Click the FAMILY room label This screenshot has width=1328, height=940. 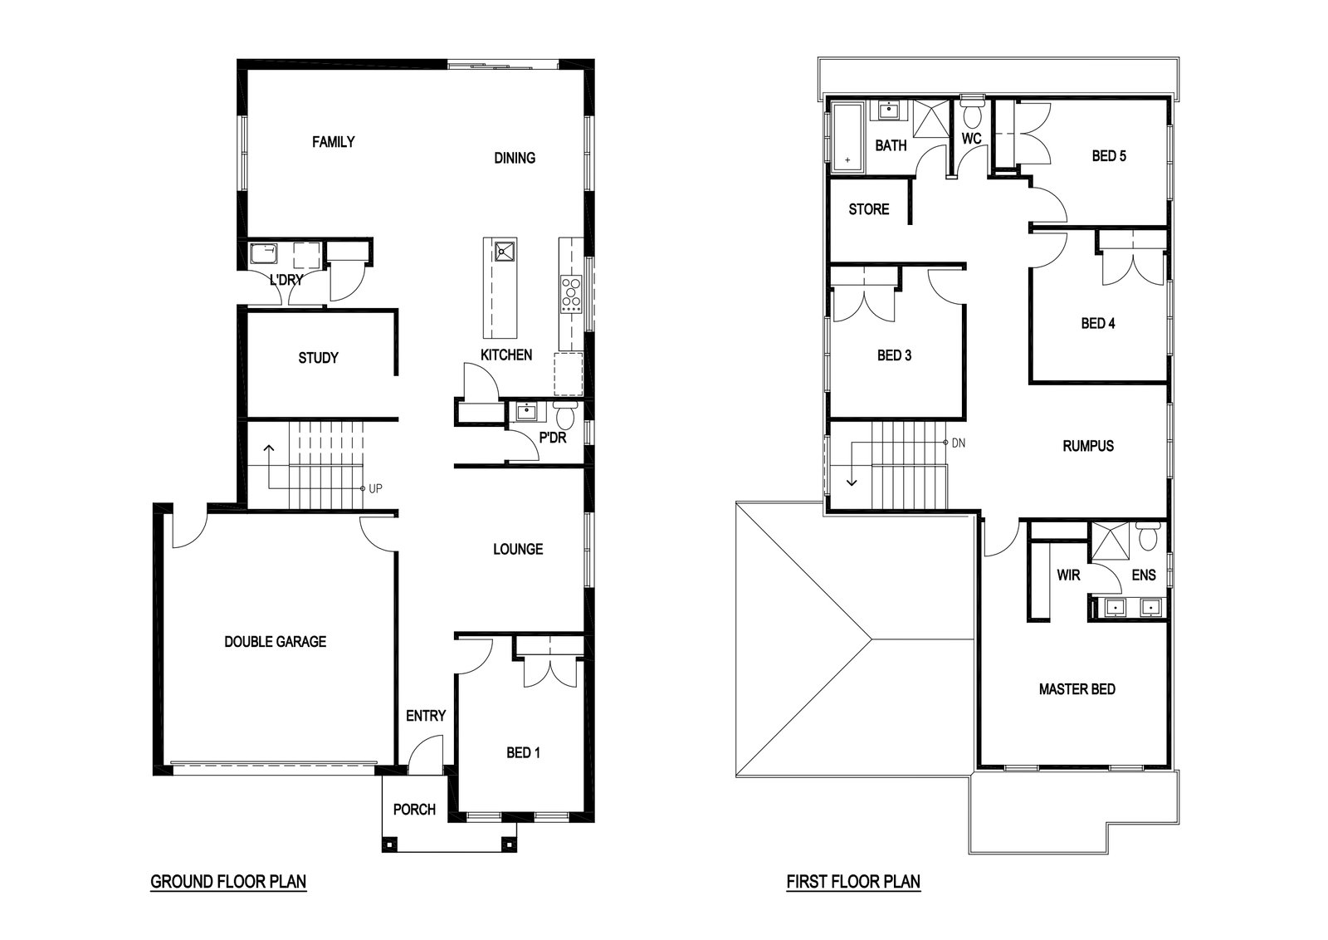(333, 142)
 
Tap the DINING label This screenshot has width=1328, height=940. (515, 158)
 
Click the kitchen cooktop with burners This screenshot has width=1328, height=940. (572, 295)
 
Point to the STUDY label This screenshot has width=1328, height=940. (319, 358)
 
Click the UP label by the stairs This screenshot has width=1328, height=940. (375, 488)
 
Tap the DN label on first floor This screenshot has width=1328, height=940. (958, 443)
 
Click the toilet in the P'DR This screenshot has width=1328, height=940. (564, 415)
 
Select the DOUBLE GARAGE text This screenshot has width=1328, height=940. (275, 642)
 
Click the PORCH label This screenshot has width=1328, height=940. (414, 810)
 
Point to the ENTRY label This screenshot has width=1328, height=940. (426, 716)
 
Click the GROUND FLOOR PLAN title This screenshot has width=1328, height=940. (228, 882)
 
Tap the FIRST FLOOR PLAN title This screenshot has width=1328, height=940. (854, 882)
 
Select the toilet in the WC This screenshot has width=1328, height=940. (972, 115)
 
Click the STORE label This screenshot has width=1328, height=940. (868, 209)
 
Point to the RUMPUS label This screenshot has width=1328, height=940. (1088, 446)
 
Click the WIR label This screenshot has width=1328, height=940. (1068, 575)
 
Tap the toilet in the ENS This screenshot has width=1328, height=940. (1148, 536)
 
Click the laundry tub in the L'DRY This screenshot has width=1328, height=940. (263, 254)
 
